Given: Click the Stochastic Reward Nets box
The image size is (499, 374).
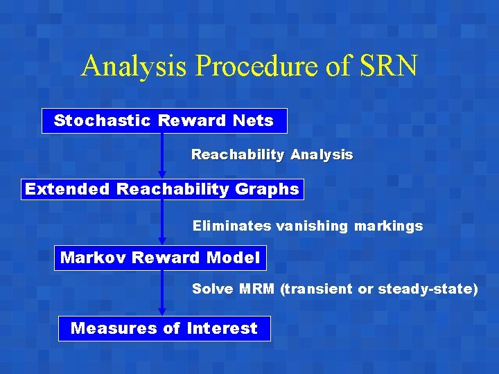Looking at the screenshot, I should [x=164, y=121].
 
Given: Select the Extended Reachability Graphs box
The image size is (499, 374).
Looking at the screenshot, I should [x=162, y=189].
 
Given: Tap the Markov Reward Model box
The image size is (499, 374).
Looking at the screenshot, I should [x=160, y=258].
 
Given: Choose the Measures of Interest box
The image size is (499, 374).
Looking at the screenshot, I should [x=164, y=328].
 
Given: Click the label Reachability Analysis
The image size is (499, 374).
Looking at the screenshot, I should [x=272, y=155].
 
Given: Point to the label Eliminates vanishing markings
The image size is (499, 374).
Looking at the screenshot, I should [x=307, y=226].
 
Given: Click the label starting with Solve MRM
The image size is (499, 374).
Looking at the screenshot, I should [x=335, y=289].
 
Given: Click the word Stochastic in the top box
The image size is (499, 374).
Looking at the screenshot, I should [x=102, y=121].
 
